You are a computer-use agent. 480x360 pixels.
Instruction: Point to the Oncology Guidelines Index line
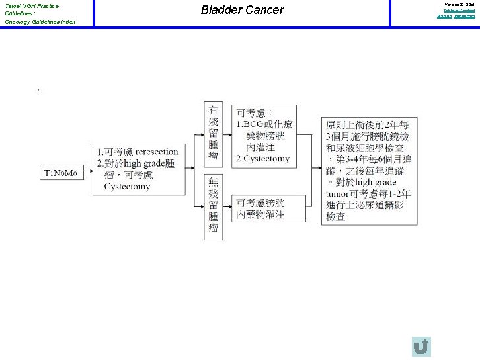40,22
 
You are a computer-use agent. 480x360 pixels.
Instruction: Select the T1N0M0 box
61,173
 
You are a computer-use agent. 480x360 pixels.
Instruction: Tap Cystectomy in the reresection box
127,186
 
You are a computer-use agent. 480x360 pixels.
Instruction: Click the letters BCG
256,124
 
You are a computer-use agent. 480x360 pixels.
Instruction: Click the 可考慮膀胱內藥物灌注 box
268,208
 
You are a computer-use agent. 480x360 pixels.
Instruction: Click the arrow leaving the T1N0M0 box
86,173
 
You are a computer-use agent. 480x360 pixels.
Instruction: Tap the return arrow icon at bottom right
421,347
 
